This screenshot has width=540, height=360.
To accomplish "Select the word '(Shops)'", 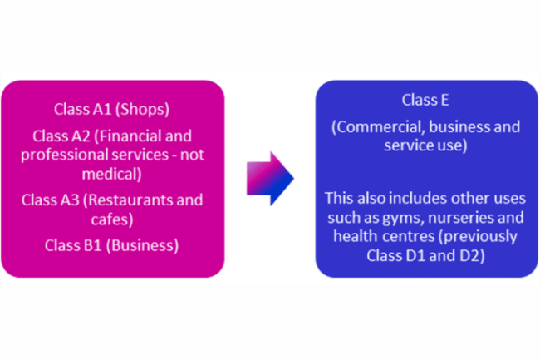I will click(140, 109).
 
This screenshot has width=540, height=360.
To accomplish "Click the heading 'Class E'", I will click(425, 101).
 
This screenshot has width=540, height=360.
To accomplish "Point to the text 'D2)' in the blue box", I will click(473, 254).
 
